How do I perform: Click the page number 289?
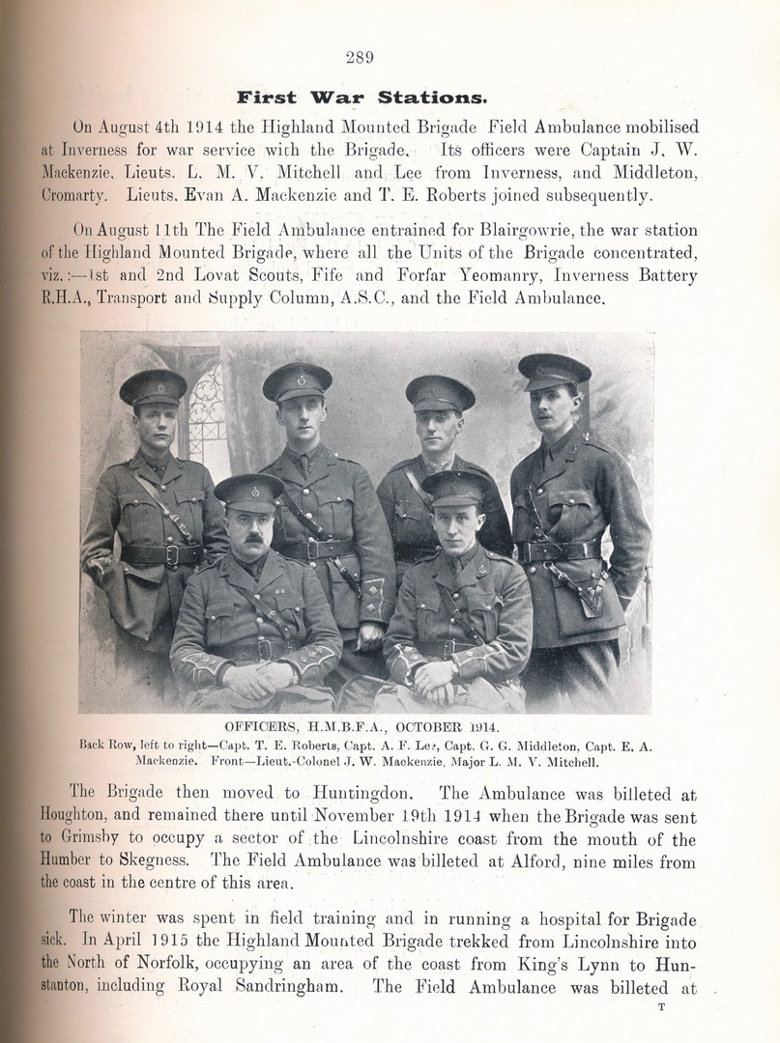tap(360, 57)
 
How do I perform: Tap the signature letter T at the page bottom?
tap(662, 1007)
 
